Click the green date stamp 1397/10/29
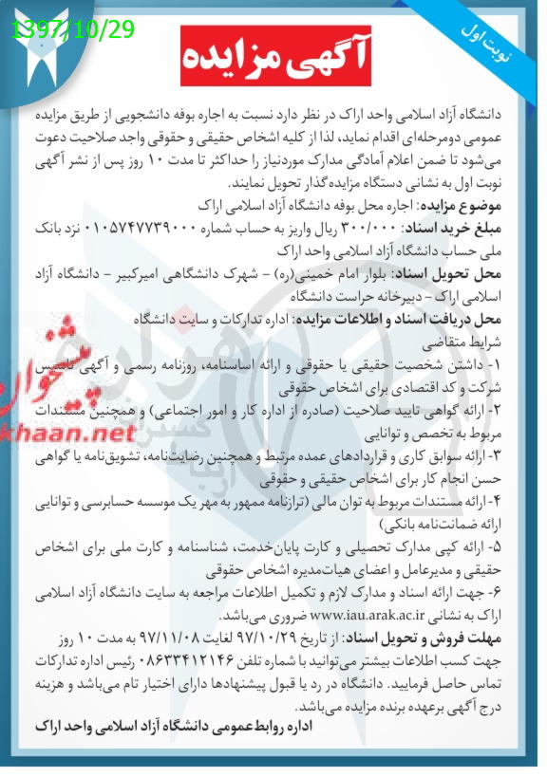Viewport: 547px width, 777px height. (x=74, y=29)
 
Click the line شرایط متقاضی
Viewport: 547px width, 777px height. (x=485, y=341)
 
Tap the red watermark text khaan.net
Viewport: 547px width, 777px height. (x=71, y=433)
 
